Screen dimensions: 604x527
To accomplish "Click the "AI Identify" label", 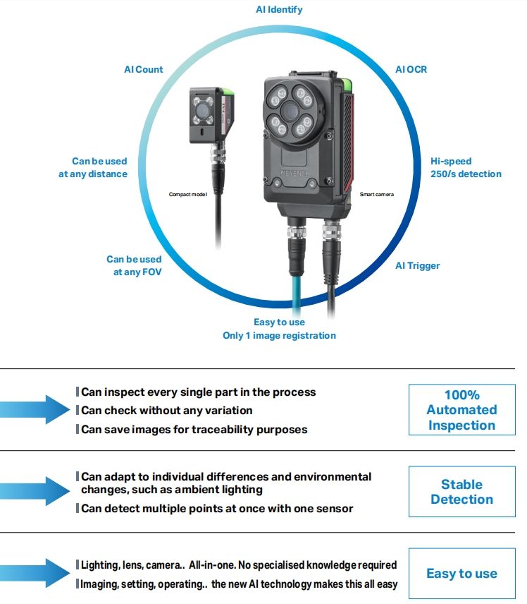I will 279,10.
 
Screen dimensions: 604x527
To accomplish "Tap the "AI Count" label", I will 143,69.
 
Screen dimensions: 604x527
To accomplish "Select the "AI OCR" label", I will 411,69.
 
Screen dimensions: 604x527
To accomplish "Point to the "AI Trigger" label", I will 417,265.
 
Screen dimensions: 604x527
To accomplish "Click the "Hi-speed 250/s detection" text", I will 466,167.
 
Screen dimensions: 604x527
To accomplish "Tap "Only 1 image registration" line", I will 279,335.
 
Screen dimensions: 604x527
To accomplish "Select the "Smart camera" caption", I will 376,194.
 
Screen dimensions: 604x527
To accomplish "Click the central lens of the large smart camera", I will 290,111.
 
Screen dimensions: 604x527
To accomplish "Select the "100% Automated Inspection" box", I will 461,410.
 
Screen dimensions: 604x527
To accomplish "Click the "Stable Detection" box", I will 461,492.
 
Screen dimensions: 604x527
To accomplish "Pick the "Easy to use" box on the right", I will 461,574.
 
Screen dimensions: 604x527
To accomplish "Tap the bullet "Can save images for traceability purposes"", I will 194,429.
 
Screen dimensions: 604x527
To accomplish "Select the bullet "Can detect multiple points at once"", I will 217,508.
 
